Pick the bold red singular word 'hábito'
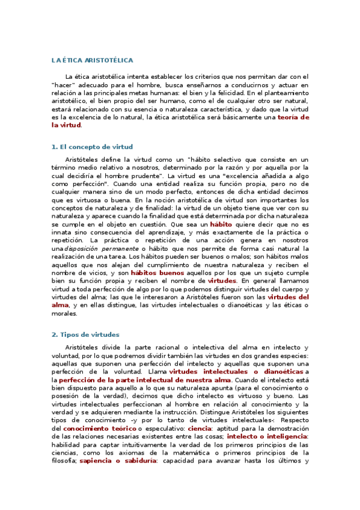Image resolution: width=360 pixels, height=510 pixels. pos(221,224)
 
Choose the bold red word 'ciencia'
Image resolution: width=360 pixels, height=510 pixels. pos(200,428)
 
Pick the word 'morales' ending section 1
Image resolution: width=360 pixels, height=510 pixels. pos(66,313)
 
